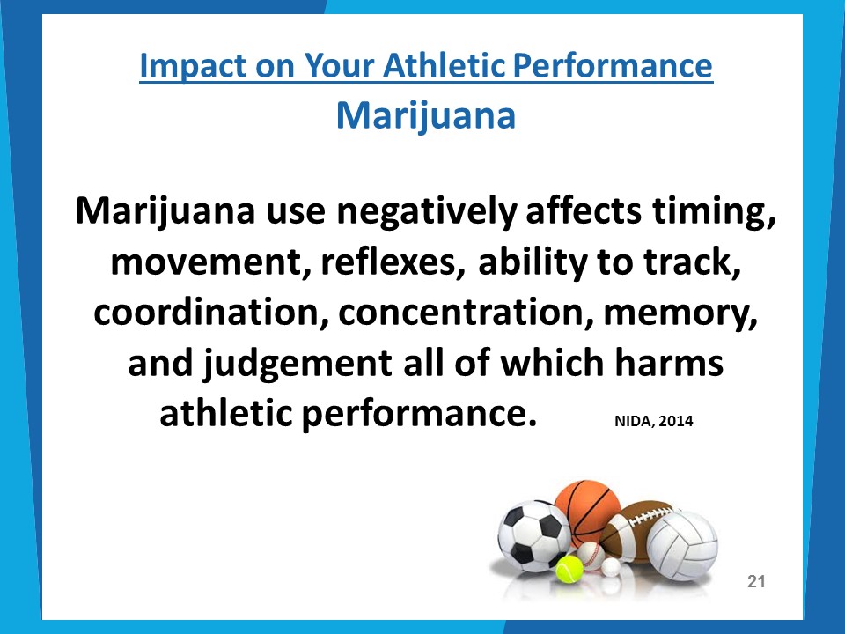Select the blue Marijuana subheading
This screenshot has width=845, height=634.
pos(426,116)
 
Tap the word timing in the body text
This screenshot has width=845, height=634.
pos(715,211)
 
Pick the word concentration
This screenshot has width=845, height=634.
pos(467,312)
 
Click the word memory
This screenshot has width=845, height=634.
pos(680,313)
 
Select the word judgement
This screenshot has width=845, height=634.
pos(298,364)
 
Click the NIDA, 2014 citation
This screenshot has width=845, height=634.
pos(654,421)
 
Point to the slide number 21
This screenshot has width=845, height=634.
pos(756,581)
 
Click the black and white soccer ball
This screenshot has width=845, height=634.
pos(533,535)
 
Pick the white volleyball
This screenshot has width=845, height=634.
pos(682,545)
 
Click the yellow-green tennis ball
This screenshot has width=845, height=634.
pos(569,570)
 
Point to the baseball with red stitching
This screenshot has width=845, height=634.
pos(591,556)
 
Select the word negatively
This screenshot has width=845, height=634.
pos(427,211)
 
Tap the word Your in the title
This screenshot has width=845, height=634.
pos(339,66)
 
